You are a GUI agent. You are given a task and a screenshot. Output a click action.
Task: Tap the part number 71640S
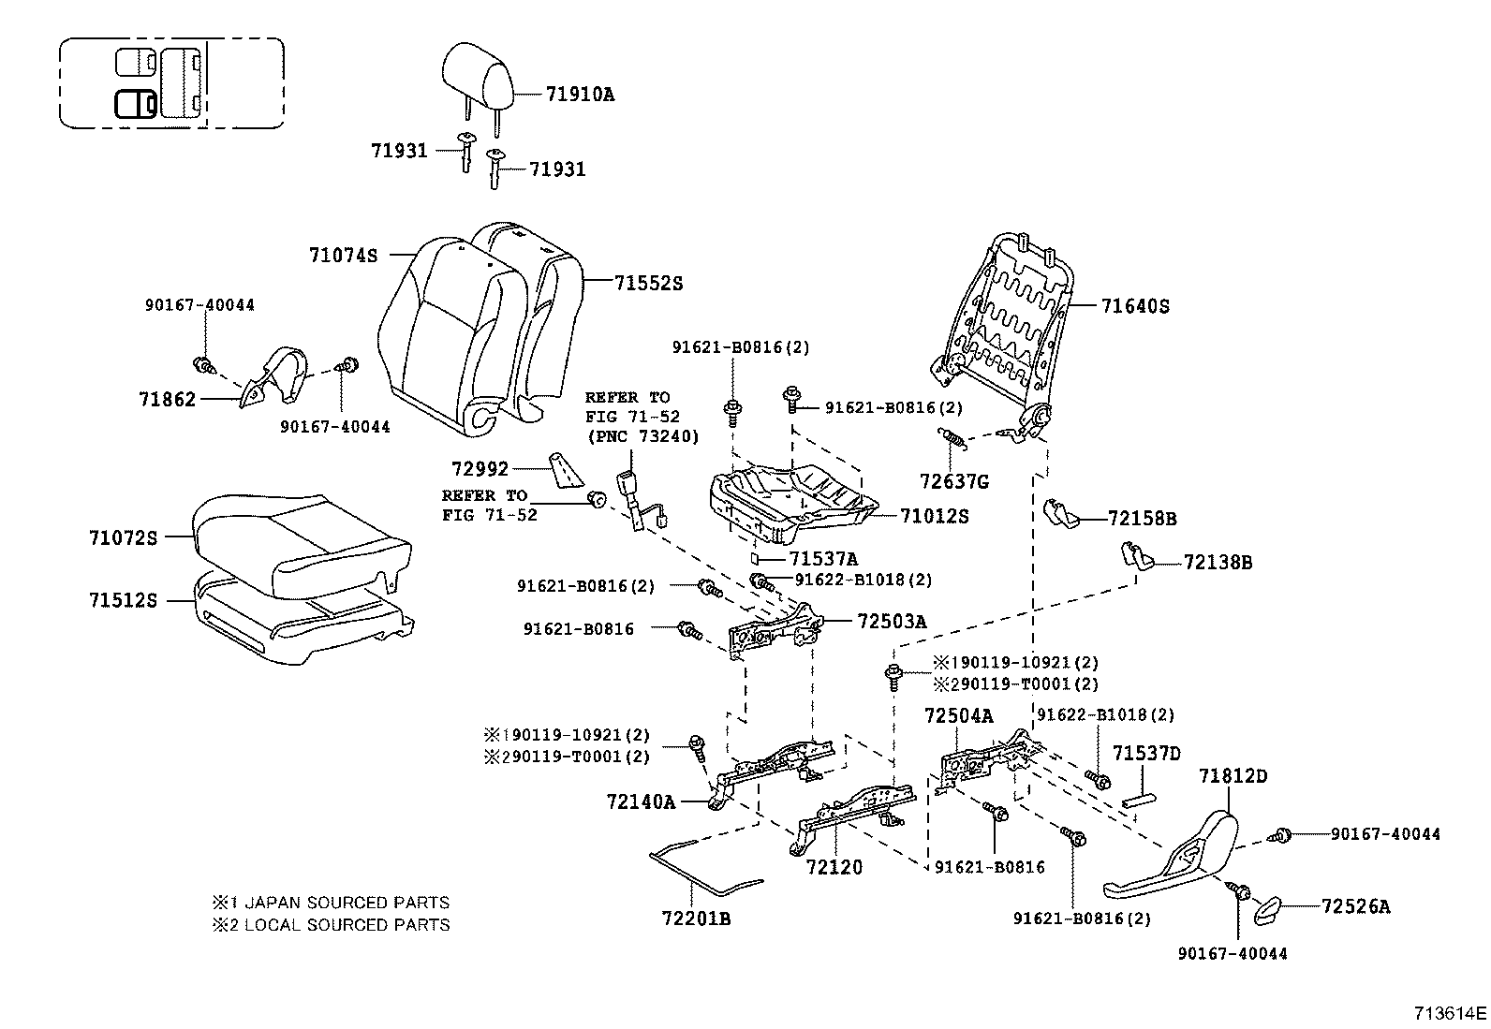[1135, 306]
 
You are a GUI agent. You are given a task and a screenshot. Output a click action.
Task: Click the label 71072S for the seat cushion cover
[124, 537]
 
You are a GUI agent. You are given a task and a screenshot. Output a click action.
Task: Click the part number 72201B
[696, 919]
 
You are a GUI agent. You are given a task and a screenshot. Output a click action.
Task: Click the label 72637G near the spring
[953, 482]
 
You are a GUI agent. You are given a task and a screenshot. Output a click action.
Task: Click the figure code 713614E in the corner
[1450, 1013]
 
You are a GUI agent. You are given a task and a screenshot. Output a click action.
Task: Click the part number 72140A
[641, 801]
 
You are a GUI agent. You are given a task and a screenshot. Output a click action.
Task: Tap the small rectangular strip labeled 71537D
[1138, 801]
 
